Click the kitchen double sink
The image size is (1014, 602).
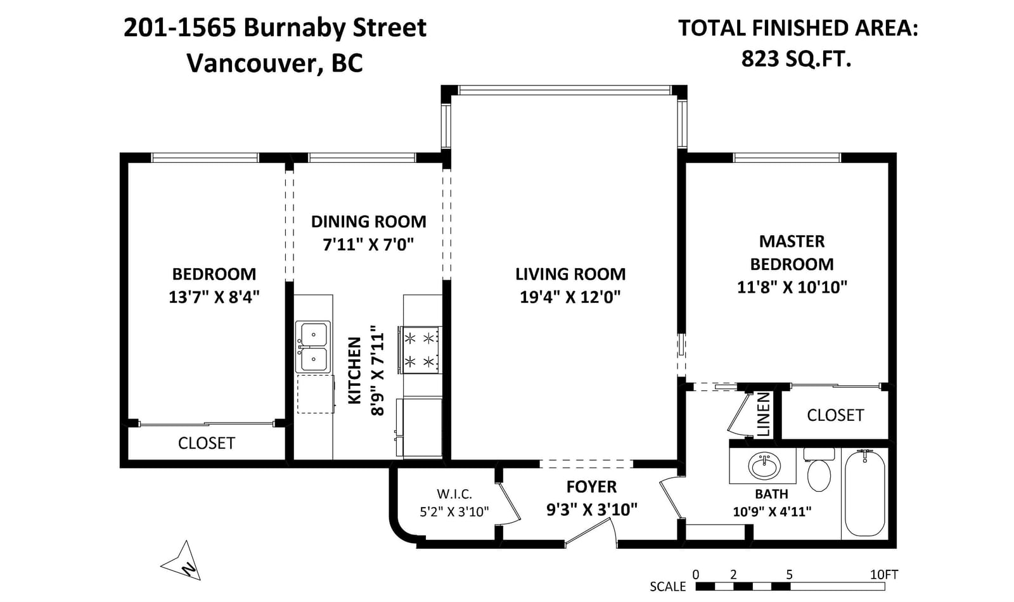313,347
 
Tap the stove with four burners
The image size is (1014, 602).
419,350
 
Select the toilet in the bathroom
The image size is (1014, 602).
819,470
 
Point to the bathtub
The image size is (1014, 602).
864,494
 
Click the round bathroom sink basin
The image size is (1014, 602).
764,466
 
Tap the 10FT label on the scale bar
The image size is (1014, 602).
884,574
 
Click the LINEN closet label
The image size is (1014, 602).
763,414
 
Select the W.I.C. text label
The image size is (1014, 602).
454,493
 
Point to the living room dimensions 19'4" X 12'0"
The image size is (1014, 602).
570,297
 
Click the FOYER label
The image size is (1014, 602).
592,487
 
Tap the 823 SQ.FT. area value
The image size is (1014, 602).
796,59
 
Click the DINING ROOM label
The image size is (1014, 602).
368,222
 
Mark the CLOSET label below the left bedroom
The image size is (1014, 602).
207,443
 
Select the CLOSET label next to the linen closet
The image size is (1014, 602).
835,415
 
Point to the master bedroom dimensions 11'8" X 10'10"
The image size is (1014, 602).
792,287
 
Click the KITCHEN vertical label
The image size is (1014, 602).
354,370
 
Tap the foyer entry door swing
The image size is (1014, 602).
591,532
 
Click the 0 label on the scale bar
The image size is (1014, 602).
696,574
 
